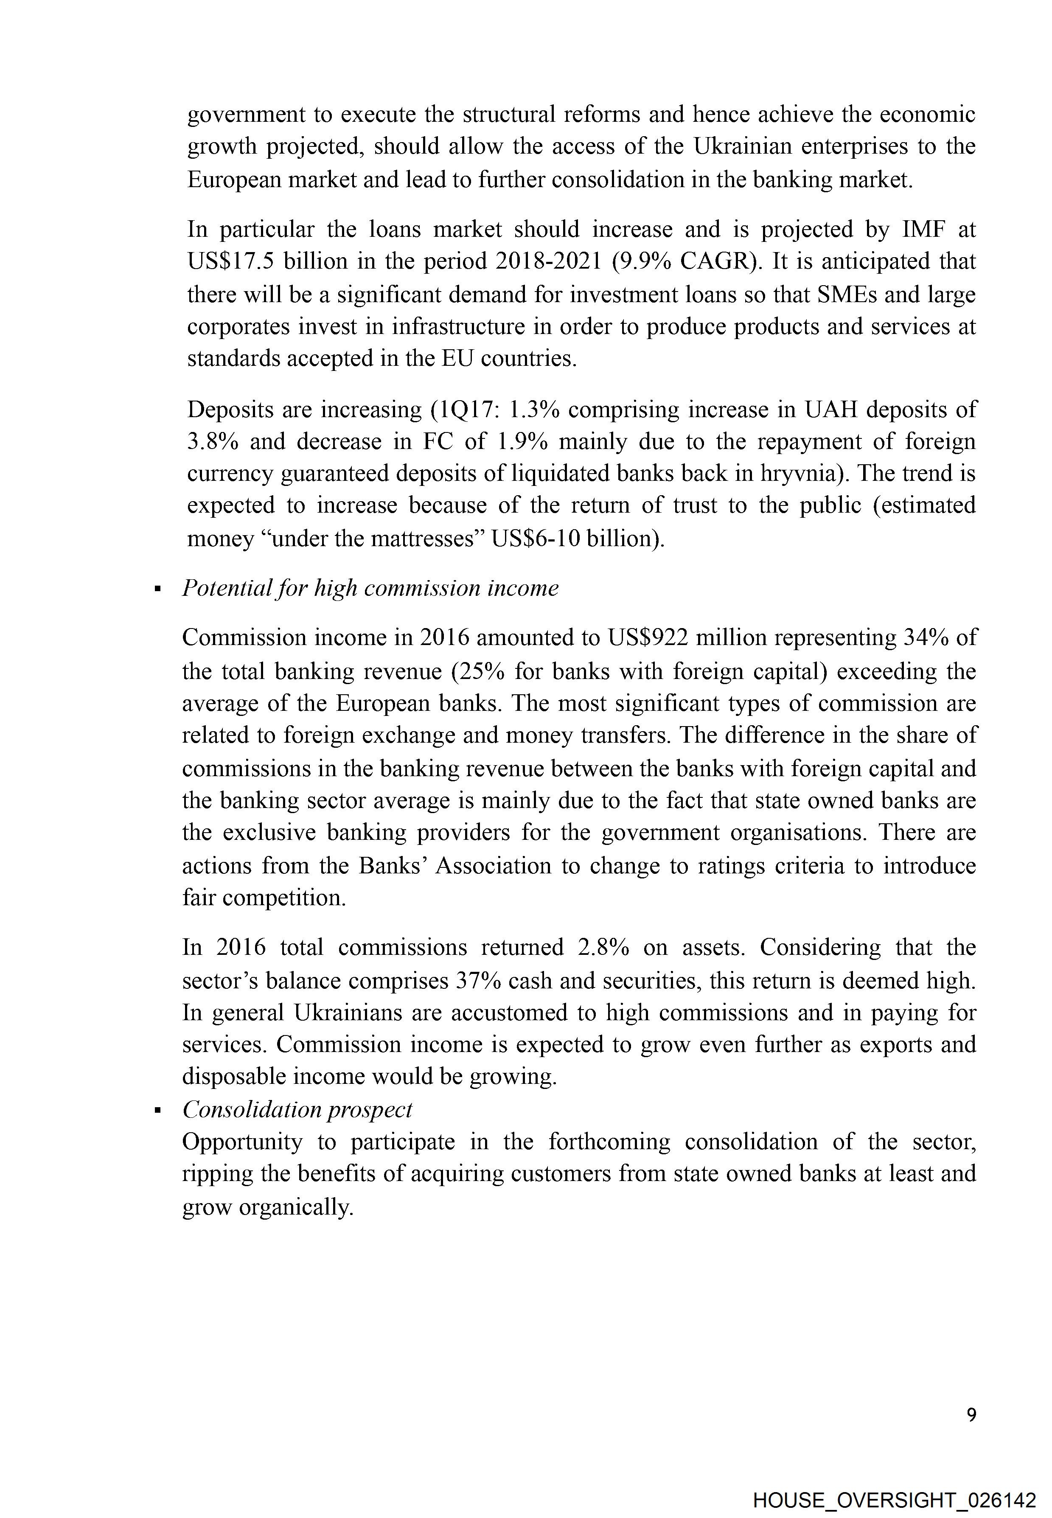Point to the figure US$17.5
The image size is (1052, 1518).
pyautogui.click(x=230, y=262)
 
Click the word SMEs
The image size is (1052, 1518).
pyautogui.click(x=846, y=294)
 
